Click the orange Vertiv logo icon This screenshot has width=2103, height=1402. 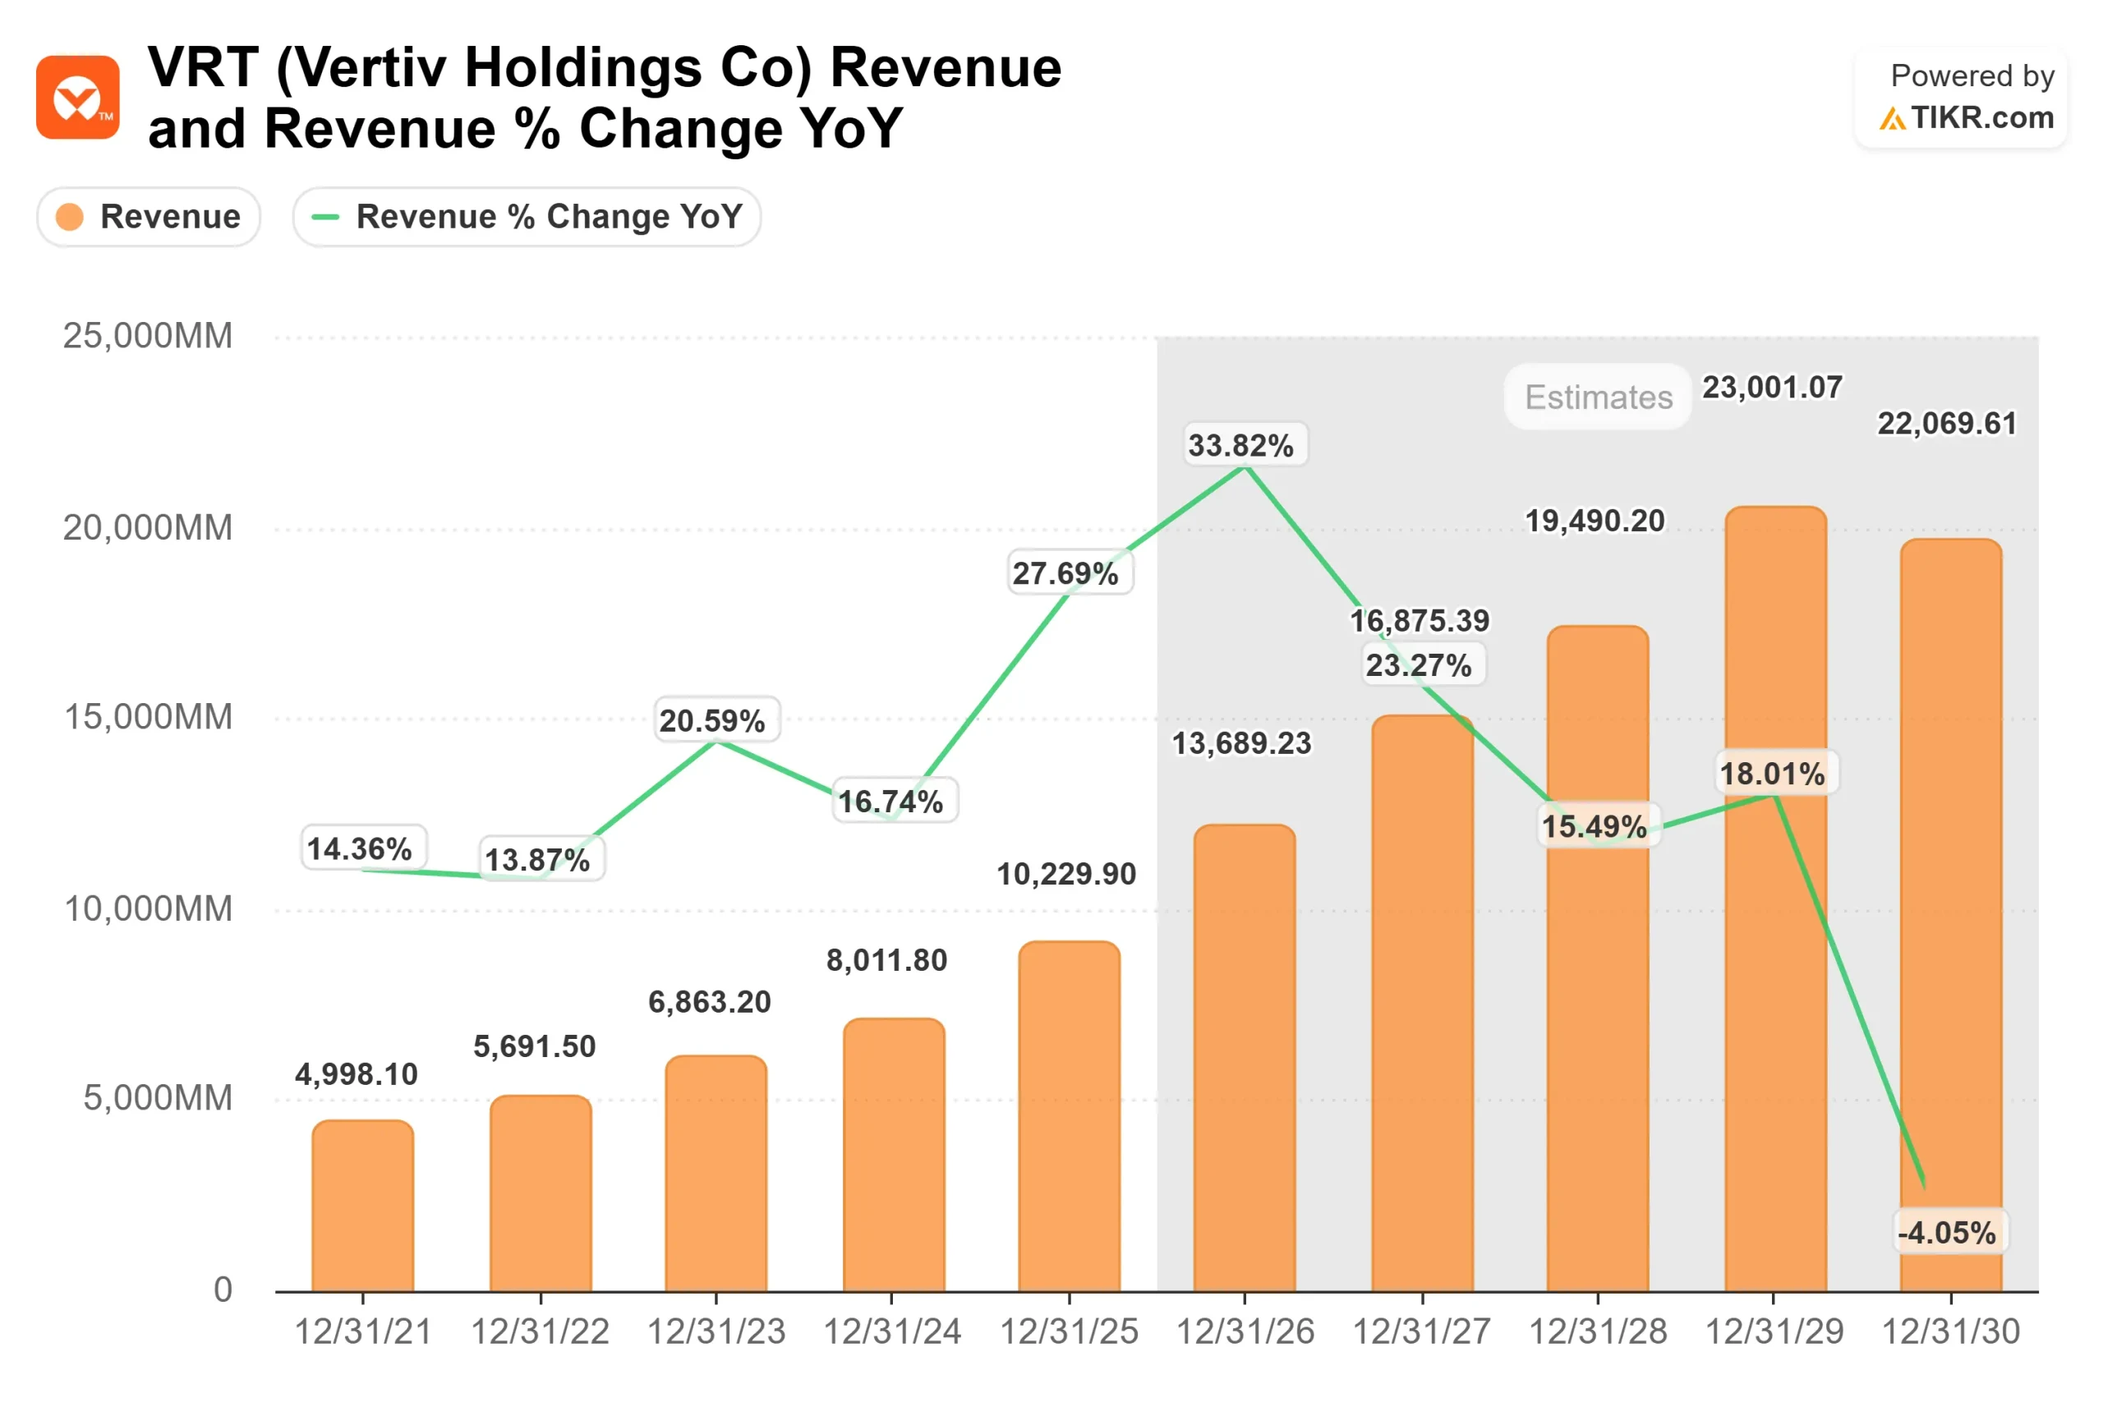tap(78, 98)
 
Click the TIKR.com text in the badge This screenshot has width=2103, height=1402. tap(1981, 118)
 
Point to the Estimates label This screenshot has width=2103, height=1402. tap(1598, 397)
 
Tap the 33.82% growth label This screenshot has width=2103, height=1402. tap(1240, 445)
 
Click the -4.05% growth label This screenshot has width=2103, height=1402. tap(1947, 1233)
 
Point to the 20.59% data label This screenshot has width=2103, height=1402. tap(712, 720)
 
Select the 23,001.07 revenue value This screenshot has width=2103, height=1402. tap(1771, 387)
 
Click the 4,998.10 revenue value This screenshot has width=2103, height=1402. tap(357, 1073)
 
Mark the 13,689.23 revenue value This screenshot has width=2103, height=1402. tap(1241, 743)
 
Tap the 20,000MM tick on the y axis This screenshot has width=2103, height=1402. tap(148, 527)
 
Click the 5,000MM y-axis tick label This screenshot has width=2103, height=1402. tap(158, 1098)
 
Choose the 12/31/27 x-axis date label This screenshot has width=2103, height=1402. tap(1422, 1331)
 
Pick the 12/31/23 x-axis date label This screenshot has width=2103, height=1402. tap(716, 1331)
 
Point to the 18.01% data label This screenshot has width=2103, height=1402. tap(1772, 774)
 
